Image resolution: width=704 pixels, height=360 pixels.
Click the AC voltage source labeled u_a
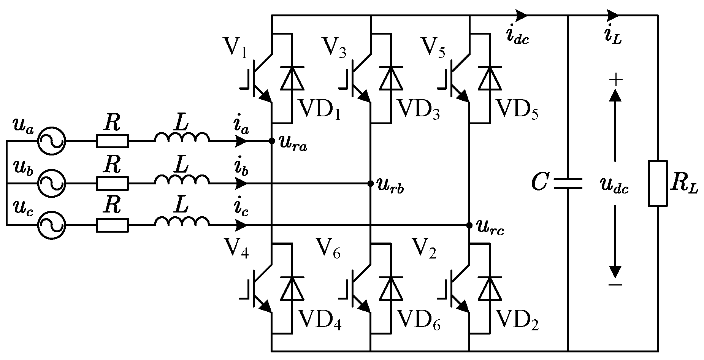point(51,141)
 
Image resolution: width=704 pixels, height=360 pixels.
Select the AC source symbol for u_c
point(51,225)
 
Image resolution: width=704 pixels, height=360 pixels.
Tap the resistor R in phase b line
point(113,184)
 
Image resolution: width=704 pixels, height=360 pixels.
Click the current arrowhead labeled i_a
point(242,141)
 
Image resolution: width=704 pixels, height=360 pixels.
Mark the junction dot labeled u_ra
point(272,141)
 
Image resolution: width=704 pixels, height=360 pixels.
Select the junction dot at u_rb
point(370,184)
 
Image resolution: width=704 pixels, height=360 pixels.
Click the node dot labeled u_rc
point(469,225)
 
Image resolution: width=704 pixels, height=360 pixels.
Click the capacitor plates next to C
point(568,184)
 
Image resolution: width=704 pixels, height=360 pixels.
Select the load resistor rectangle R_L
point(658,184)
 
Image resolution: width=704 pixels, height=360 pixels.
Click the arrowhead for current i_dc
point(522,16)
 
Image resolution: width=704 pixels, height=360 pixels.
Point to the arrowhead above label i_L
point(613,16)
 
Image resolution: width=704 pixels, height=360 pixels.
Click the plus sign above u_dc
point(616,80)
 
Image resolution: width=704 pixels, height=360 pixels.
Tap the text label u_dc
point(614,187)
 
